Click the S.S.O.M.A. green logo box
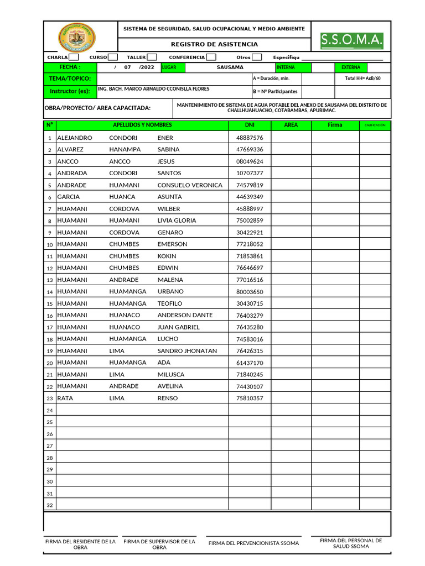click(x=352, y=40)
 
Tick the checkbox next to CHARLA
click(x=74, y=57)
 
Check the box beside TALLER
click(x=152, y=57)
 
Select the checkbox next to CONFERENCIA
click(x=211, y=57)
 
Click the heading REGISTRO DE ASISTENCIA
click(x=214, y=44)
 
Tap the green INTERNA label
click(x=286, y=67)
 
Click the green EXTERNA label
click(x=350, y=67)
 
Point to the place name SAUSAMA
click(x=230, y=67)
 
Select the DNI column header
click(x=249, y=125)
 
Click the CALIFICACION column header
click(x=375, y=125)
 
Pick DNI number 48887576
click(x=250, y=138)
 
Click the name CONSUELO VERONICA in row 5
click(x=190, y=185)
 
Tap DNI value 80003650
click(x=250, y=292)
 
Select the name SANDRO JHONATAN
click(x=187, y=351)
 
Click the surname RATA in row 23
click(x=65, y=398)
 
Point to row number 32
click(x=50, y=505)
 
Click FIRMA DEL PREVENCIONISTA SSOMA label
click(x=253, y=543)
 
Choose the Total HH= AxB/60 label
click(x=363, y=78)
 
